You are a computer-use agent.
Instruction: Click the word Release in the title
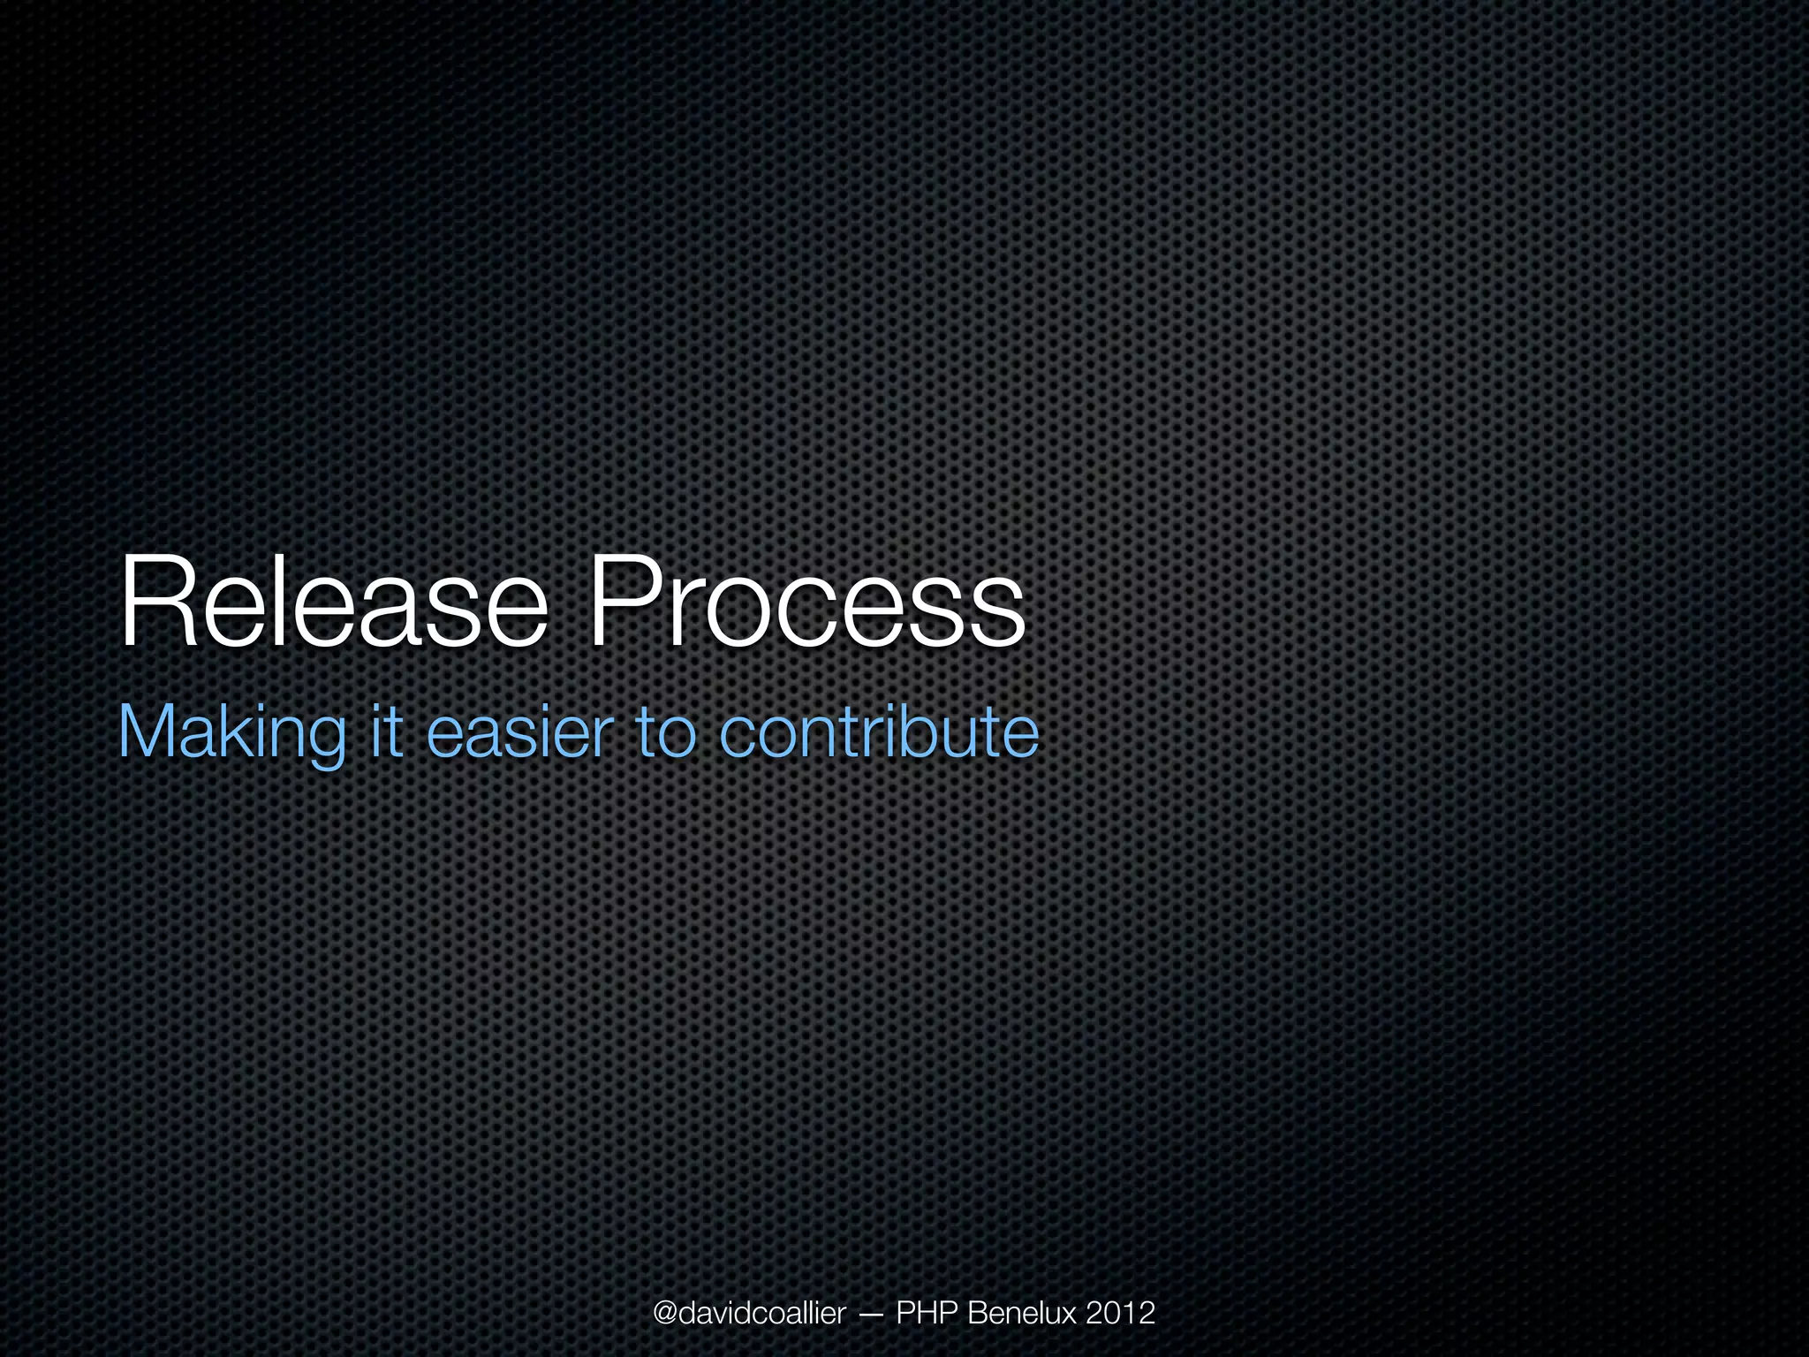(333, 602)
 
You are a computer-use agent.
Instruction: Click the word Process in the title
(806, 602)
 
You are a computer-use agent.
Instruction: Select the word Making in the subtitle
(231, 733)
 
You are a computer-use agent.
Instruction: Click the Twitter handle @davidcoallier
(749, 1313)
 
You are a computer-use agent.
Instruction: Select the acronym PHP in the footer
(927, 1313)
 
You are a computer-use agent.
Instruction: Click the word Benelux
(1023, 1313)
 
